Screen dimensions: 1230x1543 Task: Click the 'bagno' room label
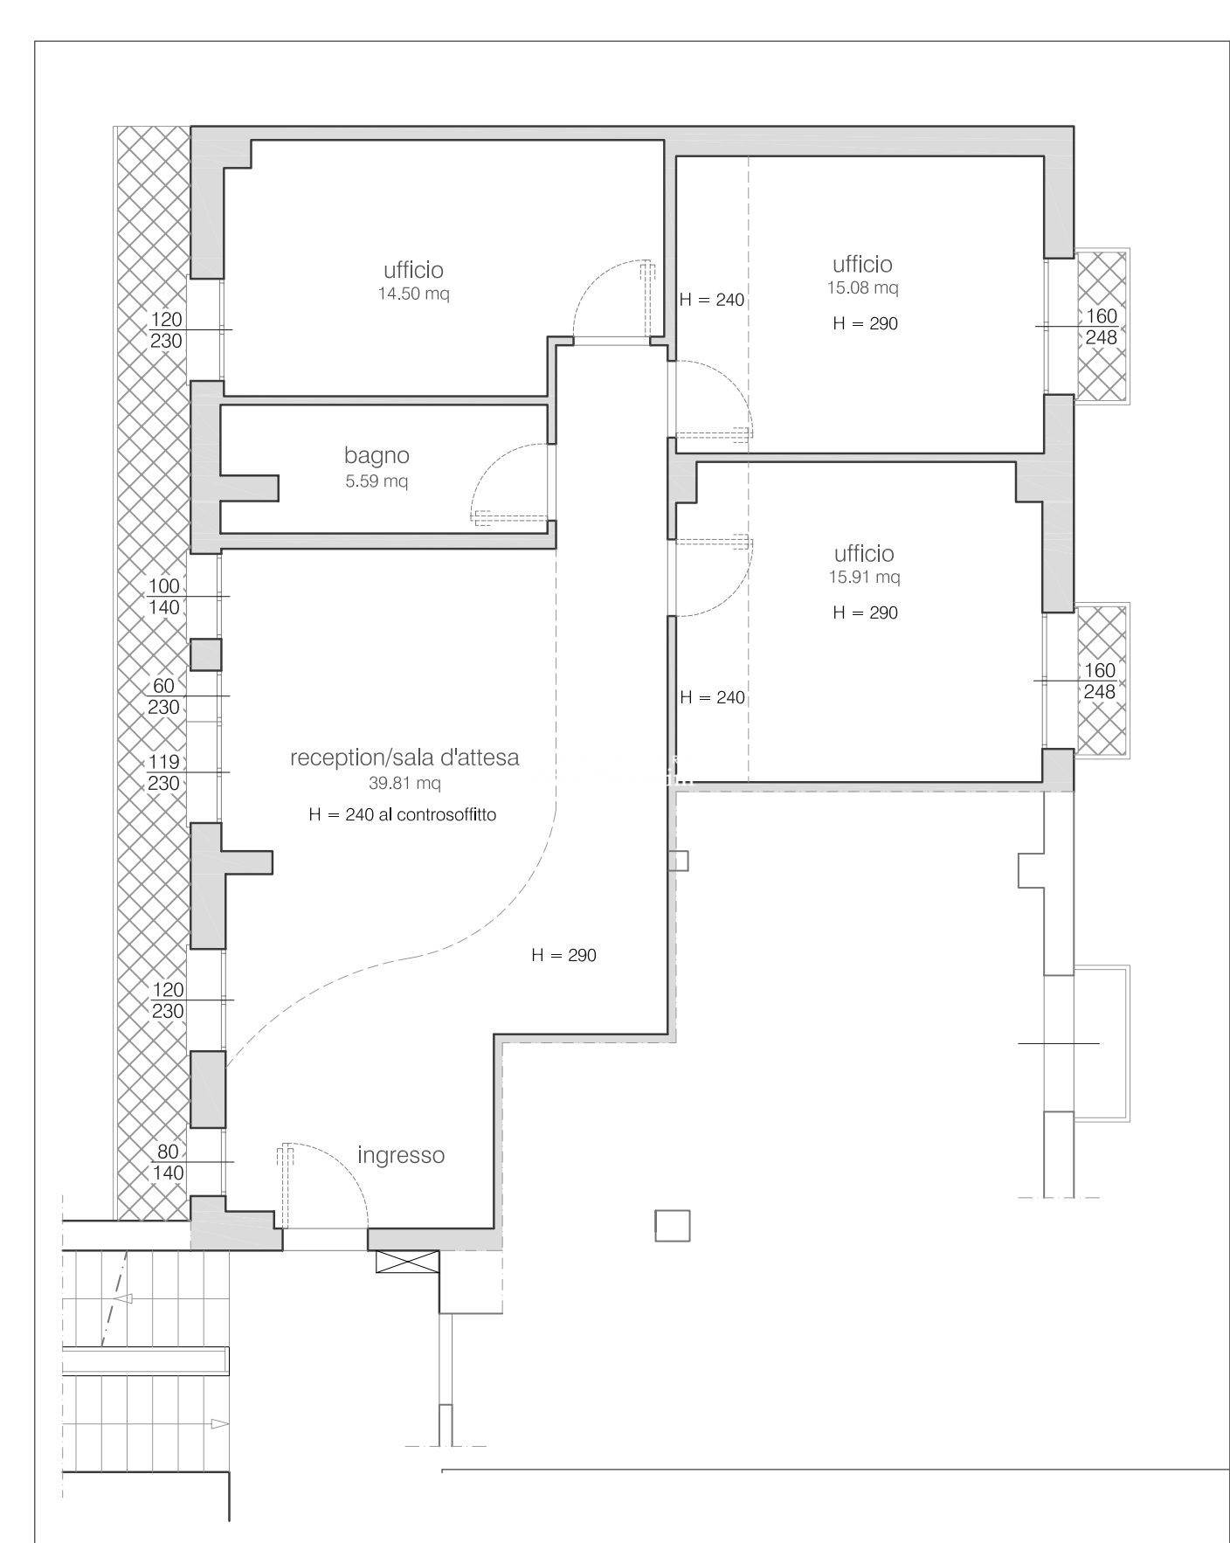pyautogui.click(x=377, y=455)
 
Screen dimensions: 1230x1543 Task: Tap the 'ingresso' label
pyautogui.click(x=401, y=1155)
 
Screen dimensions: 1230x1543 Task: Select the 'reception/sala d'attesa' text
pyautogui.click(x=404, y=758)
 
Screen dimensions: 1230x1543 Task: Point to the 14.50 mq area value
pyautogui.click(x=413, y=294)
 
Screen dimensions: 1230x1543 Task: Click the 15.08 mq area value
pyautogui.click(x=862, y=287)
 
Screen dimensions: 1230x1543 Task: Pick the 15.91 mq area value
pyautogui.click(x=864, y=577)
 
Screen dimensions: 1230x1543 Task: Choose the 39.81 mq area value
pyautogui.click(x=404, y=783)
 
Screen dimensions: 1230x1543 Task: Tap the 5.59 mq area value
pyautogui.click(x=377, y=481)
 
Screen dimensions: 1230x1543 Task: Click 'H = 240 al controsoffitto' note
pyautogui.click(x=403, y=814)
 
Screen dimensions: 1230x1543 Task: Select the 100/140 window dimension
pyautogui.click(x=164, y=597)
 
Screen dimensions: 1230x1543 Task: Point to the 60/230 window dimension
pyautogui.click(x=164, y=696)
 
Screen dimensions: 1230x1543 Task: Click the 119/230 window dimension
pyautogui.click(x=164, y=772)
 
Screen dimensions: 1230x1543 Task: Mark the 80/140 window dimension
pyautogui.click(x=168, y=1162)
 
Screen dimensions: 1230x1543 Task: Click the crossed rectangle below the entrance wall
pyautogui.click(x=407, y=1261)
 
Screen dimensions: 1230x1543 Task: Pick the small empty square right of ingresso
pyautogui.click(x=672, y=1226)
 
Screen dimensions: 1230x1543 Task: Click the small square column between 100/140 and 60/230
pyautogui.click(x=206, y=654)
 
